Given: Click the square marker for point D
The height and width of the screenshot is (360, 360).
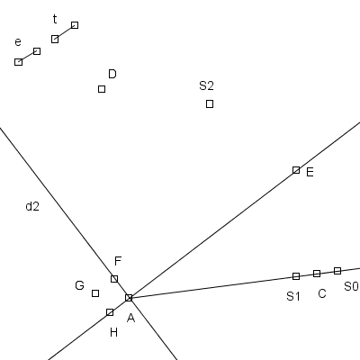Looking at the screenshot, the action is [x=102, y=89].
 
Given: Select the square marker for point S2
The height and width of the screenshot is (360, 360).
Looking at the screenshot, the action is [x=210, y=104].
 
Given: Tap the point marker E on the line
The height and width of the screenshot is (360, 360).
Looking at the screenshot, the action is [x=296, y=170].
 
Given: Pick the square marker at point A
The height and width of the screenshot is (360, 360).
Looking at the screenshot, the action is [x=129, y=298].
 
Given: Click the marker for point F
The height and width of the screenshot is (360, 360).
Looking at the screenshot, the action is [x=114, y=279].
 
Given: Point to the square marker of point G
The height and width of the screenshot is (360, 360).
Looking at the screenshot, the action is [x=95, y=293].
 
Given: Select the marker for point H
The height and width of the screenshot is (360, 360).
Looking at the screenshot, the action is [x=110, y=312].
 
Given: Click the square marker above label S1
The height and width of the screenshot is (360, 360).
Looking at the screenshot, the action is [x=296, y=276].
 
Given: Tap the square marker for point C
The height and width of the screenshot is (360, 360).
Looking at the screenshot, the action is [x=317, y=274].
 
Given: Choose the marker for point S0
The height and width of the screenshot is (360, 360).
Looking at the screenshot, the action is [x=337, y=271].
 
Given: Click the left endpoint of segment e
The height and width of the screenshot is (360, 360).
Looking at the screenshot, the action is [x=19, y=62].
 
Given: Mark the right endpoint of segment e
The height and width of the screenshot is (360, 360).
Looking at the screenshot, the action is [x=37, y=51].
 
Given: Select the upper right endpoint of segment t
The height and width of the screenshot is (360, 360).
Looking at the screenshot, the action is [x=75, y=25].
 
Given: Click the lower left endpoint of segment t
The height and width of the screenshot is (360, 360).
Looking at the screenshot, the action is [x=55, y=39].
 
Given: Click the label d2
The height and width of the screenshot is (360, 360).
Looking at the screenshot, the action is [x=32, y=206].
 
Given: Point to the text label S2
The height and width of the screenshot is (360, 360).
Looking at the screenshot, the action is [x=206, y=85].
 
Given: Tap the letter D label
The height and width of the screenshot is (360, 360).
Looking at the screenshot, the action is [x=112, y=74].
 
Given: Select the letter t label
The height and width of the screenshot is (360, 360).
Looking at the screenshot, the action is [x=55, y=19].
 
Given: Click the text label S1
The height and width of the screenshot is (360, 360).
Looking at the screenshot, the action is [x=293, y=296].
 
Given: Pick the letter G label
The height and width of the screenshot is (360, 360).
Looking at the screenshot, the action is [x=79, y=285].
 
